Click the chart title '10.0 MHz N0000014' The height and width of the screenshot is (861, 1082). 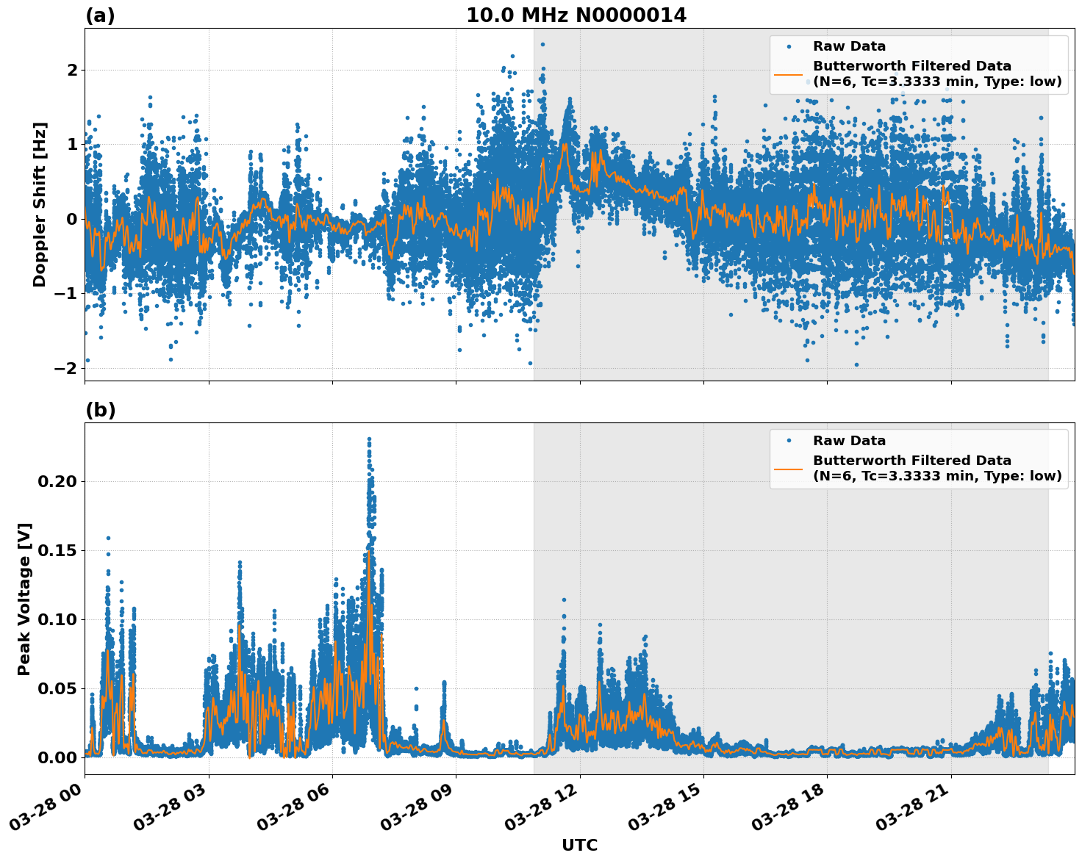[576, 15]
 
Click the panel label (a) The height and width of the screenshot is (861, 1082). [100, 15]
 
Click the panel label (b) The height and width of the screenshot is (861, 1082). [100, 410]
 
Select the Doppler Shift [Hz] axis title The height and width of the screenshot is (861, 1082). [40, 204]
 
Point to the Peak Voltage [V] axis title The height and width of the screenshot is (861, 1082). [24, 599]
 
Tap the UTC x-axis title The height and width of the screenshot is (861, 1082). [579, 845]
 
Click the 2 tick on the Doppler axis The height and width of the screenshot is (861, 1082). [72, 71]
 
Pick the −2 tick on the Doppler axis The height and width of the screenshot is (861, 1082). [65, 368]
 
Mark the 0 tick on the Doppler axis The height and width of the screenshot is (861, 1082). [72, 219]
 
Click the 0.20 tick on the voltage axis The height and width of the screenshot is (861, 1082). [57, 481]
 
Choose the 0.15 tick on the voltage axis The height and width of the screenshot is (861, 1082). [57, 550]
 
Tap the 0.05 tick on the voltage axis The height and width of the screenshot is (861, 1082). [57, 688]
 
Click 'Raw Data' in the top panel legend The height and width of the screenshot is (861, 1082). [849, 46]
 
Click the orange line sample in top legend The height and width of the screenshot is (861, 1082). [789, 74]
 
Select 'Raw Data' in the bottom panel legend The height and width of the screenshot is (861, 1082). [849, 441]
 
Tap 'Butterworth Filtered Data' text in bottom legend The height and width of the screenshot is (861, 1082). [911, 461]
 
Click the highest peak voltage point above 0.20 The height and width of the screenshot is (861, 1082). [369, 439]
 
